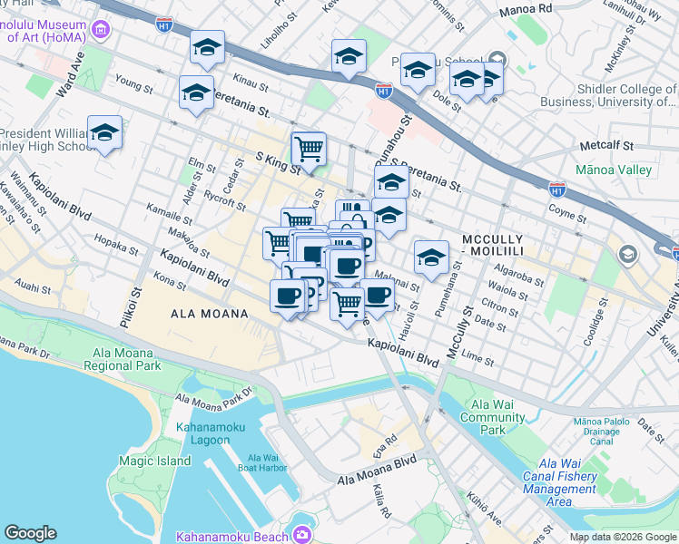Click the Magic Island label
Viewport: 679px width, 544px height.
[154, 461]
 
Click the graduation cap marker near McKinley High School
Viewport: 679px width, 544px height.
[104, 133]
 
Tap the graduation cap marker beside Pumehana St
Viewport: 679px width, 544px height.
[431, 257]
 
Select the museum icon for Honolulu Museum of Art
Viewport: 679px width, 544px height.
[99, 31]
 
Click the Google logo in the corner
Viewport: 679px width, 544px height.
[30, 533]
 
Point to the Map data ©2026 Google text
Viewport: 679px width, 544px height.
[622, 537]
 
